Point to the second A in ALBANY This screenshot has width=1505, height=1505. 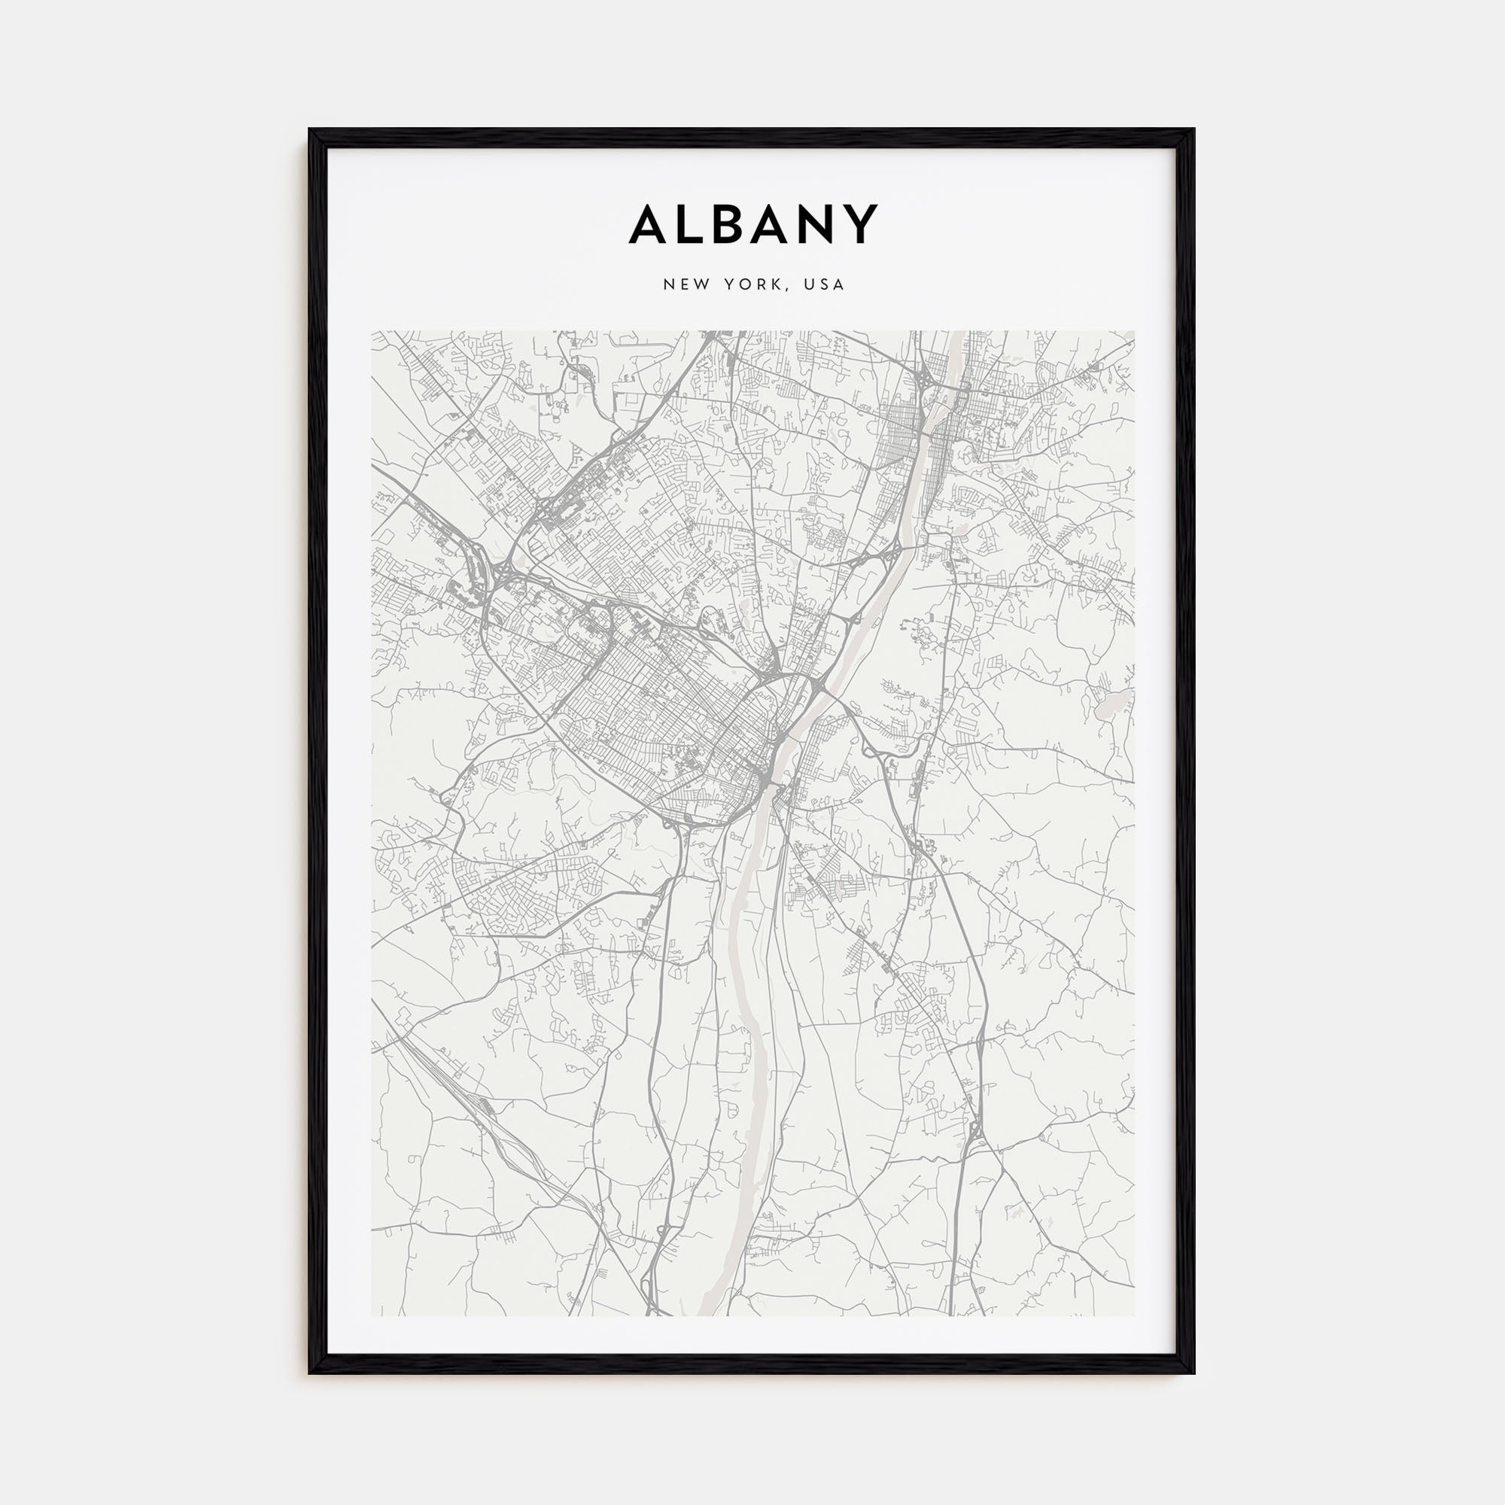(780, 226)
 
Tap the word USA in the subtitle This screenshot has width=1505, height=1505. (825, 285)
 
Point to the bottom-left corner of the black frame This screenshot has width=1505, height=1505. (310, 1373)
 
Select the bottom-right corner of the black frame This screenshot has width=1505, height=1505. (1193, 1373)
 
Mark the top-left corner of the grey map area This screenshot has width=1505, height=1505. (372, 331)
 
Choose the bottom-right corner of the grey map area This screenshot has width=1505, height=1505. (1134, 1316)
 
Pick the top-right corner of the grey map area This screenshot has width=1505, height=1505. (1134, 331)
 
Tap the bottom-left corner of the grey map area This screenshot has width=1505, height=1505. (372, 1316)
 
